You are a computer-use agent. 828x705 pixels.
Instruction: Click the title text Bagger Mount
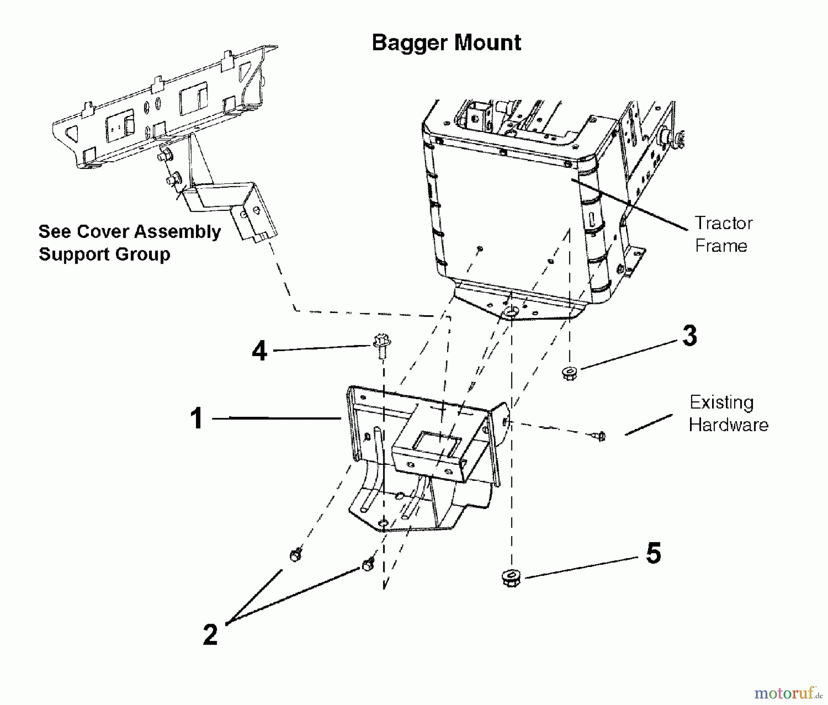click(x=446, y=43)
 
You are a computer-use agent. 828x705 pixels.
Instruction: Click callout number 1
click(x=197, y=419)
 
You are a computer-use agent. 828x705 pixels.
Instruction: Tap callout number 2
click(x=210, y=635)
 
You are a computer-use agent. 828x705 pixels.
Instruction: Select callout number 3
click(x=690, y=336)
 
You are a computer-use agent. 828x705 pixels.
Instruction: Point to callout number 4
click(x=259, y=351)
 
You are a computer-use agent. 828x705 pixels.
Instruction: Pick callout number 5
click(x=654, y=554)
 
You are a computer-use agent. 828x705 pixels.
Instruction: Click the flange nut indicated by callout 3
click(x=569, y=372)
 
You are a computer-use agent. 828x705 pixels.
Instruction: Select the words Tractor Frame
click(x=723, y=234)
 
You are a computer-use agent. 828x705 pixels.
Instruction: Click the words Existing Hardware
click(x=728, y=414)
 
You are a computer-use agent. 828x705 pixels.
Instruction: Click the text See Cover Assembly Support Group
click(x=130, y=243)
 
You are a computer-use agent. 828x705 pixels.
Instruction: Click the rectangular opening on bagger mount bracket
click(x=436, y=444)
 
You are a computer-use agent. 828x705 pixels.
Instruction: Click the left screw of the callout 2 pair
click(x=295, y=555)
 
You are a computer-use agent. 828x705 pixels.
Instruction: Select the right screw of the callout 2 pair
click(x=368, y=565)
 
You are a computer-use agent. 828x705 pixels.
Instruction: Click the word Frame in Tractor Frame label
click(x=721, y=246)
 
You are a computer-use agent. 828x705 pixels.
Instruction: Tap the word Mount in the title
click(x=488, y=43)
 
